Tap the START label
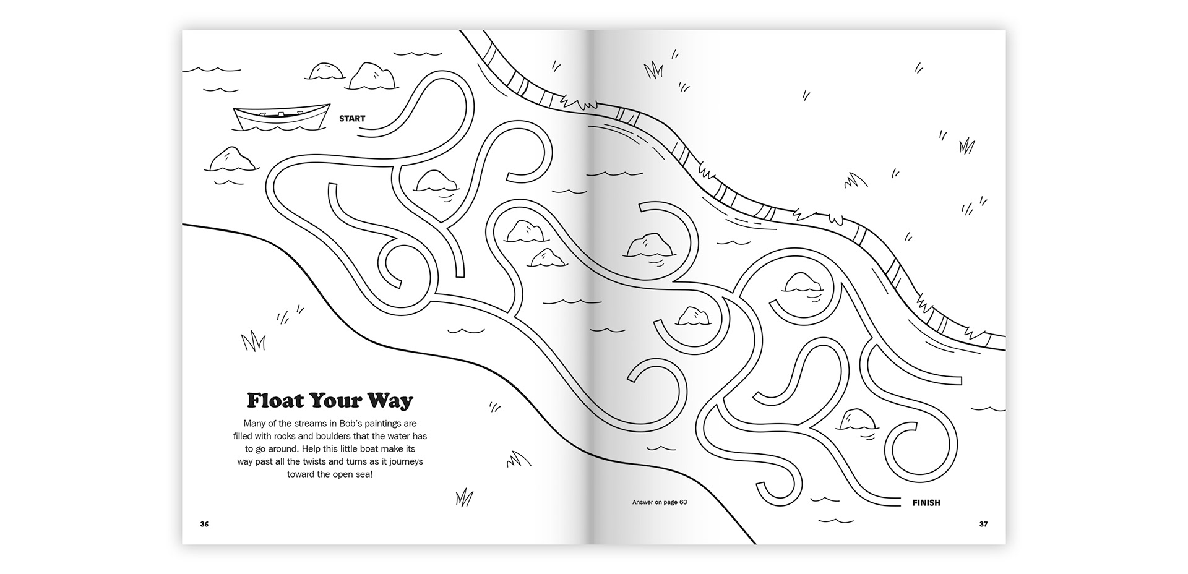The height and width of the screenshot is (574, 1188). (x=352, y=118)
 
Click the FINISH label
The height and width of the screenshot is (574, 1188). (x=926, y=503)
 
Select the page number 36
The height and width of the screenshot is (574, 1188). (x=204, y=525)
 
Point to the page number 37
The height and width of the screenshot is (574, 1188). (x=983, y=525)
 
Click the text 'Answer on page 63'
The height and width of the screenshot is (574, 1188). (x=660, y=502)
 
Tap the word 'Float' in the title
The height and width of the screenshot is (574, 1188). (x=275, y=400)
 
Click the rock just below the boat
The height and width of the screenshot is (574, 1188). (x=231, y=160)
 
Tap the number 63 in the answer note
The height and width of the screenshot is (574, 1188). (x=683, y=502)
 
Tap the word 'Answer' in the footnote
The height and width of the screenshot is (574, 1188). (x=643, y=502)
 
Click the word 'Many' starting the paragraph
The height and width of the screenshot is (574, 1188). (x=254, y=424)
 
